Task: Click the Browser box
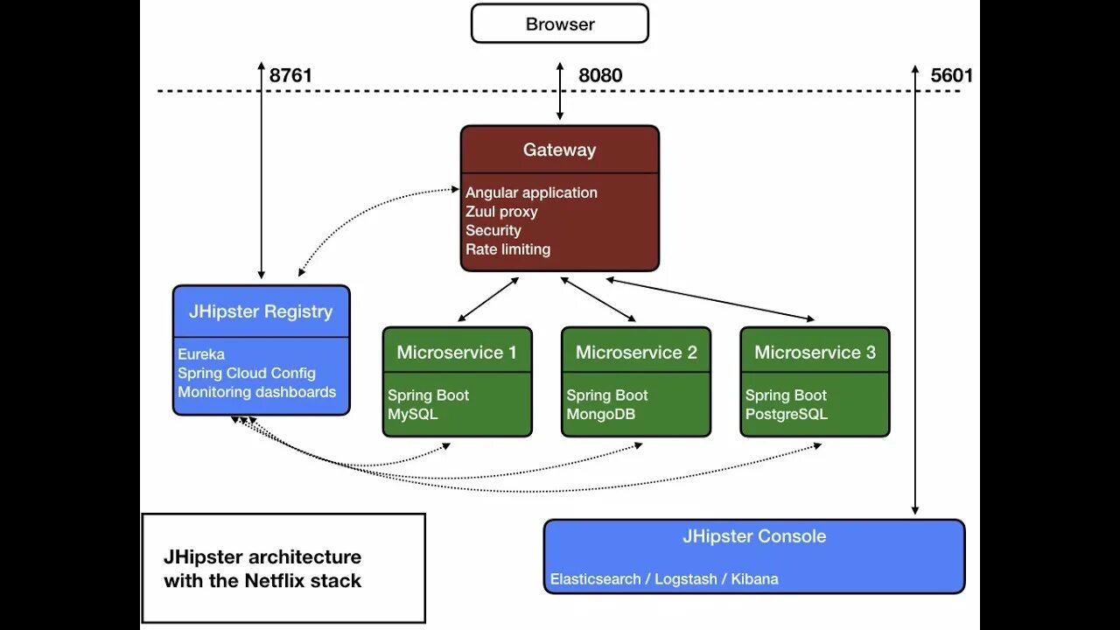pos(560,24)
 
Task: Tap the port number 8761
pos(290,75)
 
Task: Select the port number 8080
pos(600,75)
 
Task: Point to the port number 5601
pos(951,75)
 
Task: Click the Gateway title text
pos(559,150)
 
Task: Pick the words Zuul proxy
pos(501,212)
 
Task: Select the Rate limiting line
pos(508,249)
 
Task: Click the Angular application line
pos(531,192)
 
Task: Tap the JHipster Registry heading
pos(261,311)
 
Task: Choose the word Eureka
pos(201,354)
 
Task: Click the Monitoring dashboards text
pos(257,392)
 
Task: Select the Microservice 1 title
pos(457,352)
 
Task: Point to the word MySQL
pos(412,414)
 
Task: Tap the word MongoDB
pos(600,414)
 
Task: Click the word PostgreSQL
pos(787,414)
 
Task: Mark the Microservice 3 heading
pos(815,352)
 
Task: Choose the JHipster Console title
pos(754,536)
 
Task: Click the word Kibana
pos(754,579)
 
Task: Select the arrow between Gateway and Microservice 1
pos(488,299)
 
